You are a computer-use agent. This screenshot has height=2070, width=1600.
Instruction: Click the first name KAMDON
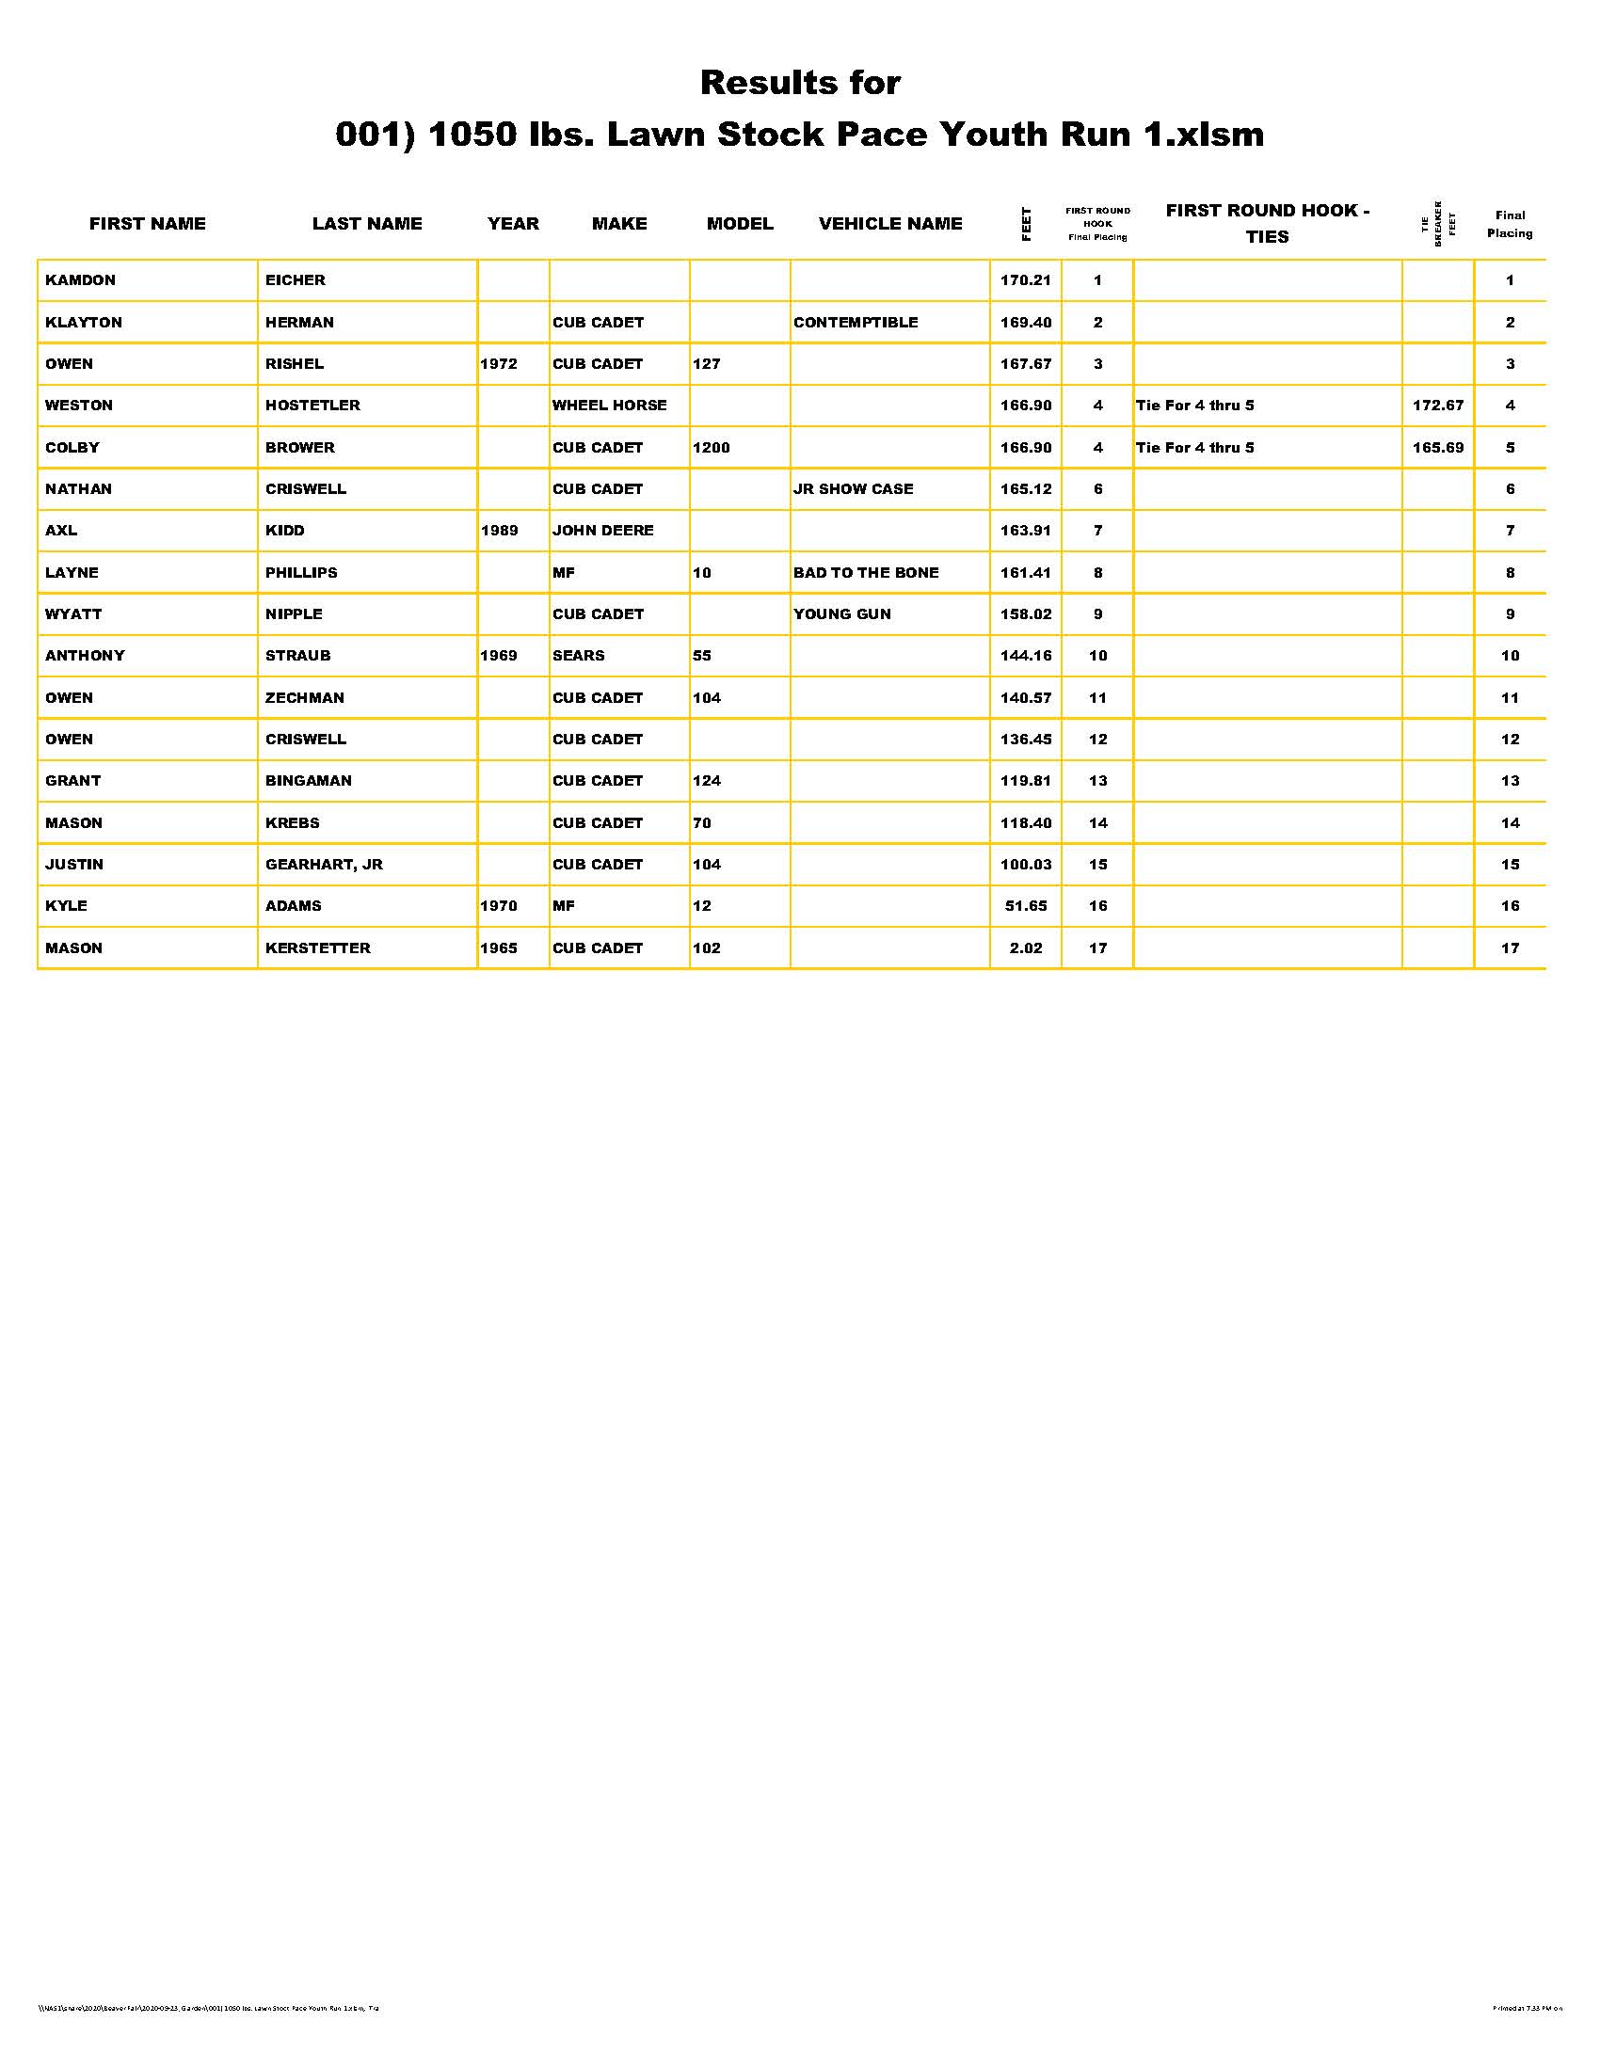click(x=81, y=280)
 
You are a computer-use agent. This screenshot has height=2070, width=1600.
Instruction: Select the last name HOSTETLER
click(x=312, y=406)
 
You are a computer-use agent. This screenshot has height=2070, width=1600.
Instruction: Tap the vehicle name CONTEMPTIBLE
click(x=855, y=322)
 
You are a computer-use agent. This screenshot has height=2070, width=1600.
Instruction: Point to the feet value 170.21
click(x=1026, y=280)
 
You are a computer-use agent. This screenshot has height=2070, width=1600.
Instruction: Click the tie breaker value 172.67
click(x=1438, y=406)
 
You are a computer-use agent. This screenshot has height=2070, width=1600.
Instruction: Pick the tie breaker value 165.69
click(x=1438, y=447)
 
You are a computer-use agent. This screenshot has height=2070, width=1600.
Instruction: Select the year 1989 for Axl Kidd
click(x=499, y=531)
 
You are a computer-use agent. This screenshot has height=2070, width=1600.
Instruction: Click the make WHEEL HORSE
click(x=610, y=406)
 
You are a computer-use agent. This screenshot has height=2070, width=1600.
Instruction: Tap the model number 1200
click(x=711, y=447)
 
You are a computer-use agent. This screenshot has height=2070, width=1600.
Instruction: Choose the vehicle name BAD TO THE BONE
click(x=865, y=572)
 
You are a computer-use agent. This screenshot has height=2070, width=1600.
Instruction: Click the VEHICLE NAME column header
click(x=890, y=224)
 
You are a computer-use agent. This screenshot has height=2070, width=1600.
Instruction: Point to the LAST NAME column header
click(x=367, y=224)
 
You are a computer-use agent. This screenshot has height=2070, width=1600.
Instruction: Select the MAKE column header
click(x=619, y=224)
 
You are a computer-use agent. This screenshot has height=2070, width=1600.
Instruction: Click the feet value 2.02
click(x=1026, y=947)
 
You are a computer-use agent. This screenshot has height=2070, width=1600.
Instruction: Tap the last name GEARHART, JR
click(x=324, y=865)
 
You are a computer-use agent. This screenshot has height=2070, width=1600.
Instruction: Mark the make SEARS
click(x=578, y=656)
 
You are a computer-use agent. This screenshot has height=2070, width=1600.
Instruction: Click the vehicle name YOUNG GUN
click(x=841, y=614)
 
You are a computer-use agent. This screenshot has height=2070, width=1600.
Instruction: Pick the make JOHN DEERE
click(x=603, y=531)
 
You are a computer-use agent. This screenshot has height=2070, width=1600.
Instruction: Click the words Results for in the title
click(x=800, y=84)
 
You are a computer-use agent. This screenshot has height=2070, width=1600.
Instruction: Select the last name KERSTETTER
click(x=317, y=947)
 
